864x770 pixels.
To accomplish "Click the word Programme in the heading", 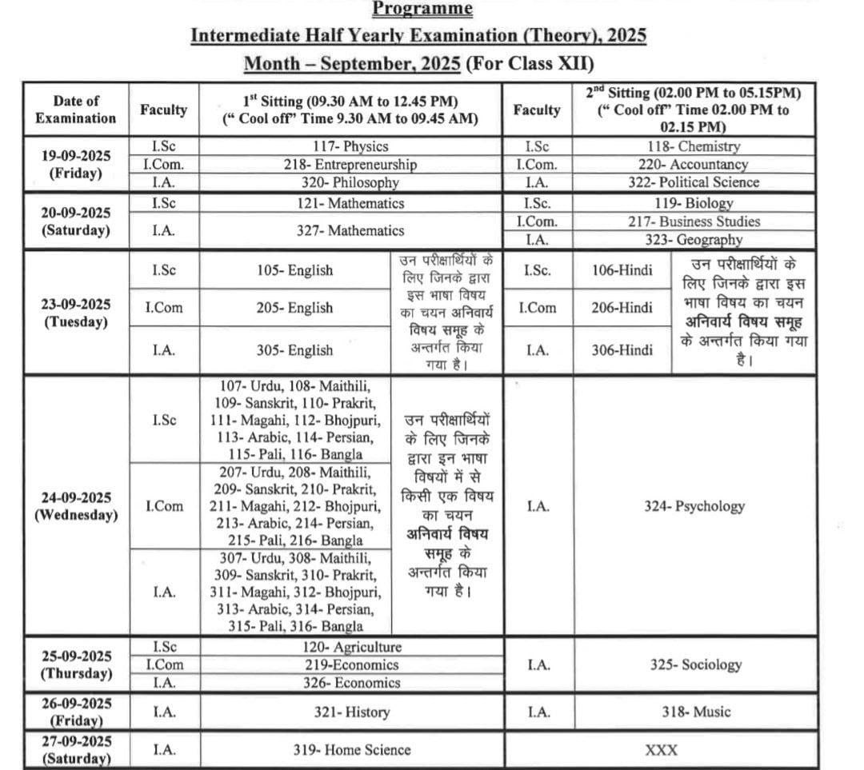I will (422, 10).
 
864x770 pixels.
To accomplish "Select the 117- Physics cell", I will (350, 146).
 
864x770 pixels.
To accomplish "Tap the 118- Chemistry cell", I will (694, 146).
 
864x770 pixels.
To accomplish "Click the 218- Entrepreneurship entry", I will (350, 165).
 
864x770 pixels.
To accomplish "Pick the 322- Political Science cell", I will (694, 182).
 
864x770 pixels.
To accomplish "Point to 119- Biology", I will (694, 203).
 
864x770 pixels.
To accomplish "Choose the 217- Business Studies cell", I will (694, 221).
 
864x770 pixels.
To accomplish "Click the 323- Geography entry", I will (694, 240).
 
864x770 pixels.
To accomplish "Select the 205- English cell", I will (294, 308).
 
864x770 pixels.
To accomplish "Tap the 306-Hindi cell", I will (622, 350).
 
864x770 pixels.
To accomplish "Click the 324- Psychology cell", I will (694, 506).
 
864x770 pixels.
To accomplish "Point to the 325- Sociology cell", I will (694, 664).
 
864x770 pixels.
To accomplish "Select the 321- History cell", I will (350, 712).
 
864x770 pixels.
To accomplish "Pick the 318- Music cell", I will (694, 712).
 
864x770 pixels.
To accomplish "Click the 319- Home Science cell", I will (350, 750).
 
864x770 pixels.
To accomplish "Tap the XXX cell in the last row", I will (661, 750).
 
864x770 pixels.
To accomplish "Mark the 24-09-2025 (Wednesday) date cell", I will (76, 506).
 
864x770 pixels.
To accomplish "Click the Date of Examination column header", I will (76, 110).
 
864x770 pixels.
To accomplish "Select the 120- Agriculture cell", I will (350, 647).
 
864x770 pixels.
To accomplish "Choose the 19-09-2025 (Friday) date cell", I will (76, 165).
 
